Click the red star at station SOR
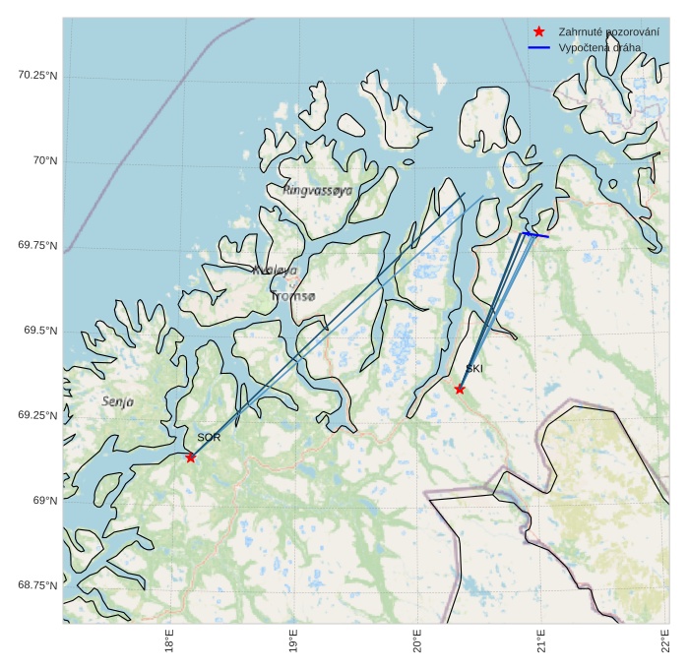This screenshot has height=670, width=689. click(x=190, y=457)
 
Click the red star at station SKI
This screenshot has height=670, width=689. click(x=460, y=389)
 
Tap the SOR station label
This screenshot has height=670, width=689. click(x=209, y=437)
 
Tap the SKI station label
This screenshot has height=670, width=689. click(x=474, y=369)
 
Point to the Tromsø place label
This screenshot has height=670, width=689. click(x=292, y=295)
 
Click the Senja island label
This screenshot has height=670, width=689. click(x=118, y=401)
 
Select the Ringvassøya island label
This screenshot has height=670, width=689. click(x=317, y=190)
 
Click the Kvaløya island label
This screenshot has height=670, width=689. click(x=275, y=270)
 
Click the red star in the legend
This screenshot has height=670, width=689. click(x=538, y=31)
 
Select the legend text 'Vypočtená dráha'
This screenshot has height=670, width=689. click(x=599, y=47)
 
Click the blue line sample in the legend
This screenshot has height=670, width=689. click(x=538, y=47)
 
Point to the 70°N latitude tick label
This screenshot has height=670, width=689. click(x=41, y=160)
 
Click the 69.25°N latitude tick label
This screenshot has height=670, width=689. click(x=37, y=415)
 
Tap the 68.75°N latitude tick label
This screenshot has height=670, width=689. click(x=37, y=585)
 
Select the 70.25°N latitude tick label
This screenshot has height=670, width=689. click(x=37, y=75)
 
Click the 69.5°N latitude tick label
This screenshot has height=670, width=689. click(x=40, y=331)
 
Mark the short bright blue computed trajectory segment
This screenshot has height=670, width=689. click(x=535, y=235)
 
